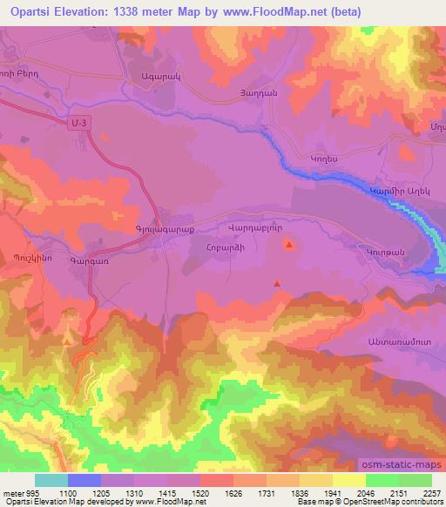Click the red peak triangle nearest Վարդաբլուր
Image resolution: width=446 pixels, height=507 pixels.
tap(289, 247)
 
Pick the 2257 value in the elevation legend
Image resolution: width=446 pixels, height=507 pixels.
tap(432, 492)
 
